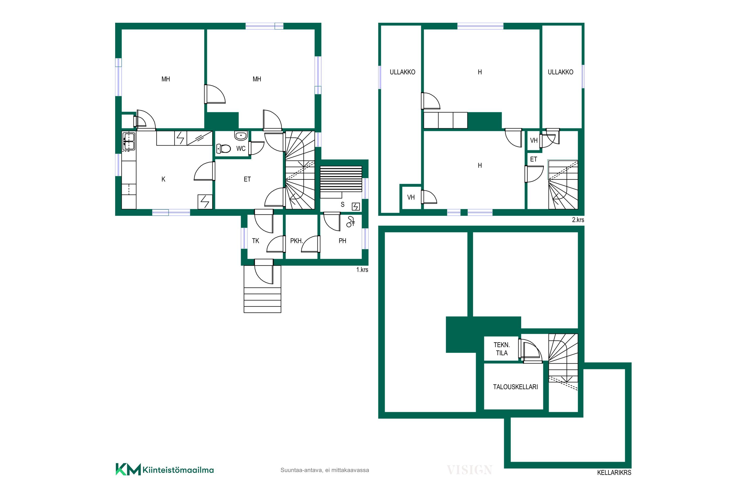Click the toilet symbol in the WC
[223, 149]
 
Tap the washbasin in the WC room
[241, 136]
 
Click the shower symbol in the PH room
[351, 222]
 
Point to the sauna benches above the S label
[341, 179]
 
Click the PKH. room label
[296, 241]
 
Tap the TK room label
[256, 241]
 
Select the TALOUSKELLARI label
[516, 387]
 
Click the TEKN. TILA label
[502, 349]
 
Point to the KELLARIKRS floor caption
[614, 473]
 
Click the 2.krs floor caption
[578, 220]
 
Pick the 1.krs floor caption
[362, 270]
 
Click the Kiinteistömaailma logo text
[178, 470]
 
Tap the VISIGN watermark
[469, 470]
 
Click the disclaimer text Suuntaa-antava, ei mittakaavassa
[325, 470]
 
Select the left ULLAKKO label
[402, 72]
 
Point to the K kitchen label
[163, 179]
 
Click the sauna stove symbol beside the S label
[356, 207]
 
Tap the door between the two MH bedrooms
[215, 94]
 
